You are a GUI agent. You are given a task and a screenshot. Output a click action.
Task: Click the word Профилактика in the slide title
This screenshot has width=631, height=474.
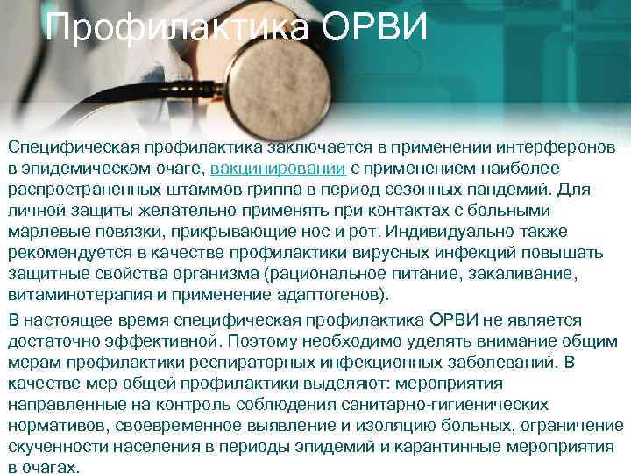175,28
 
